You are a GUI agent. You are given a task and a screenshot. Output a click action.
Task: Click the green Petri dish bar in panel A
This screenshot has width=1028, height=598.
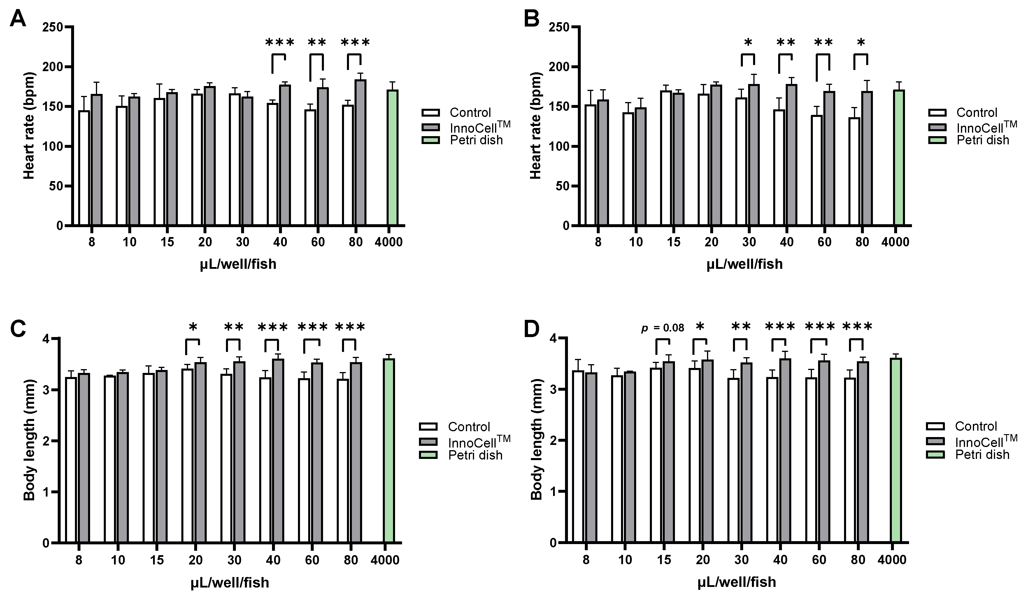[392, 157]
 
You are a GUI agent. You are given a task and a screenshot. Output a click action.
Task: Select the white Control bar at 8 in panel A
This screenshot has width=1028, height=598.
[84, 167]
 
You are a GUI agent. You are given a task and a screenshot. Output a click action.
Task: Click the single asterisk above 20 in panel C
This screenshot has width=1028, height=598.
[193, 327]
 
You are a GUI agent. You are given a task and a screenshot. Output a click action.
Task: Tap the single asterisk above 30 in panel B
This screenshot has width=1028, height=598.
[748, 43]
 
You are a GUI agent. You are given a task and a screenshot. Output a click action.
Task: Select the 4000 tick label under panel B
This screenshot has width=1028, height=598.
[895, 242]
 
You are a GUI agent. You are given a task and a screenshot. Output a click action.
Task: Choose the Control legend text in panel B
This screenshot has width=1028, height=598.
[977, 113]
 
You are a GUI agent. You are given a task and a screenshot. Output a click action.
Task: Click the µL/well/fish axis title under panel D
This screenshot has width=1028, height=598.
[736, 582]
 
